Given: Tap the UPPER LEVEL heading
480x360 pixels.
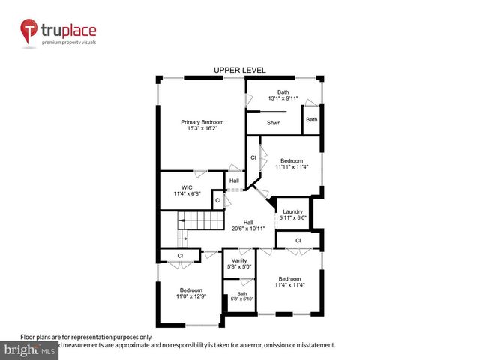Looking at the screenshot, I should tap(240, 70).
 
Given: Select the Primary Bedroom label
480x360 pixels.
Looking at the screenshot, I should tap(202, 121).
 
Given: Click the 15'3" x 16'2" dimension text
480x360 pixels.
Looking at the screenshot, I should tap(202, 128).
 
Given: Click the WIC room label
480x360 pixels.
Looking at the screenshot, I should tap(187, 187).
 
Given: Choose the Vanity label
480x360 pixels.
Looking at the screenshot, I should tap(238, 260).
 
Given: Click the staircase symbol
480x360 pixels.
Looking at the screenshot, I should tap(200, 223).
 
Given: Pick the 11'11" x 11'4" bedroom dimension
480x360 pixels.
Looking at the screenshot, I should tap(292, 167).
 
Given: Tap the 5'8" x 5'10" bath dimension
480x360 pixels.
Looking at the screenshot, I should tap(241, 299).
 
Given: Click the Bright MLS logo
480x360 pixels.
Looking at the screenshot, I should tap(30, 350).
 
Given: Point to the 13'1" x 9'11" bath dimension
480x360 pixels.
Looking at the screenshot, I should tap(283, 97).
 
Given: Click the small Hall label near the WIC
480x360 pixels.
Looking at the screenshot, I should tap(234, 181).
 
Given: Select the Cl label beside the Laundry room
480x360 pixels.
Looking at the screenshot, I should tap(298, 240).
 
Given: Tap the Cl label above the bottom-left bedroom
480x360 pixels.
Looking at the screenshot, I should tap(181, 256).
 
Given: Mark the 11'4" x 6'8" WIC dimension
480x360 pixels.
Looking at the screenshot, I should tap(187, 194).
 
